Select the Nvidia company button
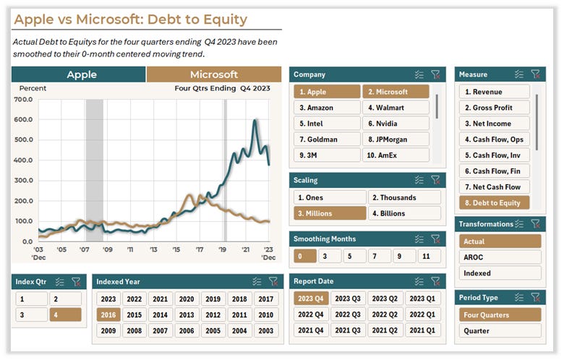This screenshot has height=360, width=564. (x=396, y=124)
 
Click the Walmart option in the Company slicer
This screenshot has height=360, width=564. (x=396, y=108)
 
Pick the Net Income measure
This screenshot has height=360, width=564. (x=495, y=124)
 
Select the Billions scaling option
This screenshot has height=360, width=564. (x=404, y=213)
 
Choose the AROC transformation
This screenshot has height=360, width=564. (x=500, y=257)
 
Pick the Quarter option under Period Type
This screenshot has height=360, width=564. (x=500, y=331)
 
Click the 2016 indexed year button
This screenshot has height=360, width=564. (x=108, y=315)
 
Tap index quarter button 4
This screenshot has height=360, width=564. (x=65, y=315)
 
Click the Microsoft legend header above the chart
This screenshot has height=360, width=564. (x=213, y=74)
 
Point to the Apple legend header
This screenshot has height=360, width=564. (x=82, y=74)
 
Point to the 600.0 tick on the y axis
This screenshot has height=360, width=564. (x=24, y=119)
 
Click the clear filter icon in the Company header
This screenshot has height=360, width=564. (x=435, y=74)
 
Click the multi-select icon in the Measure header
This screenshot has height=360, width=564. (x=519, y=74)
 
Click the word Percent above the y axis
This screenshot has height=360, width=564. (x=33, y=88)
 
